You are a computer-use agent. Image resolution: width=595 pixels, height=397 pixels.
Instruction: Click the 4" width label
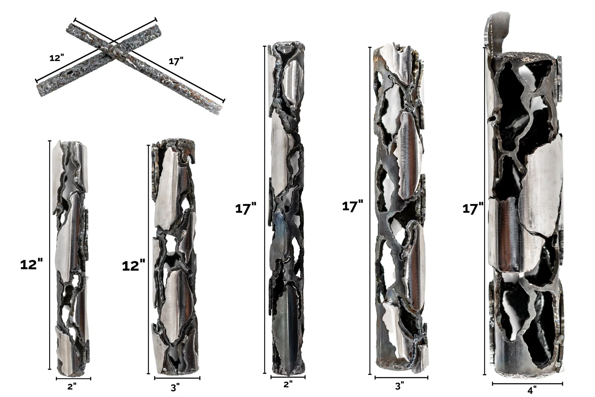coord(532,390)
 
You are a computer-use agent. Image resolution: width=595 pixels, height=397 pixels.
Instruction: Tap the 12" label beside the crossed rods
coord(57,58)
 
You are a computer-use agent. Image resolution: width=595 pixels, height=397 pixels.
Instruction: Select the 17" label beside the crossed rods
coord(176,61)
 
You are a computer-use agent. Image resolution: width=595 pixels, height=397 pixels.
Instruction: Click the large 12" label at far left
coord(31,265)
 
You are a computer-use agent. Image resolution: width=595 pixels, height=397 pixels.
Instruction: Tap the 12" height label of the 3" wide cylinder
coord(133,266)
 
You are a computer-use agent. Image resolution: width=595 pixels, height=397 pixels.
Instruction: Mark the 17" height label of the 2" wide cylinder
coord(246,209)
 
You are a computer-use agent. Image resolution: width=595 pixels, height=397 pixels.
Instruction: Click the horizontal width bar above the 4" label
coord(527,384)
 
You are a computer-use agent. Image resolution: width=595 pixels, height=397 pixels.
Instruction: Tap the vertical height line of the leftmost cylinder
coord(50,254)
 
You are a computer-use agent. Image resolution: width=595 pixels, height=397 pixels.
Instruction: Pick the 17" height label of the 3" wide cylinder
coord(352,206)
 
